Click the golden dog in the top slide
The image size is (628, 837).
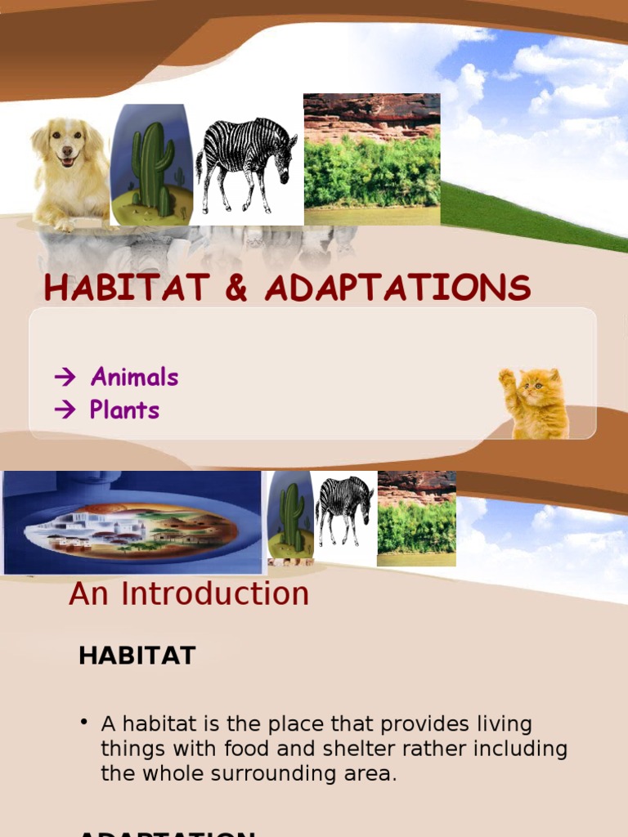click(x=69, y=172)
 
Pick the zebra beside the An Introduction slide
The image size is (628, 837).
click(x=344, y=508)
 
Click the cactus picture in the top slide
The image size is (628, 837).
click(x=152, y=165)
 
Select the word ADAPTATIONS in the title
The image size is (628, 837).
click(x=397, y=288)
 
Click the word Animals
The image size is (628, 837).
click(x=134, y=377)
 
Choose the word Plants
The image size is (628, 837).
click(x=124, y=410)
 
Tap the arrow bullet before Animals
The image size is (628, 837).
click(x=65, y=378)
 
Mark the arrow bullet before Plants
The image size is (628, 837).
click(x=65, y=410)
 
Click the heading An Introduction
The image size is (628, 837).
click(x=189, y=594)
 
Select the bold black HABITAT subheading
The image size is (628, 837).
click(x=137, y=656)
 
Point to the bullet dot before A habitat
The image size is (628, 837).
click(x=83, y=723)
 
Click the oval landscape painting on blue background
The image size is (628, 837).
click(x=131, y=525)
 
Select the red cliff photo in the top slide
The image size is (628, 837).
click(x=371, y=159)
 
